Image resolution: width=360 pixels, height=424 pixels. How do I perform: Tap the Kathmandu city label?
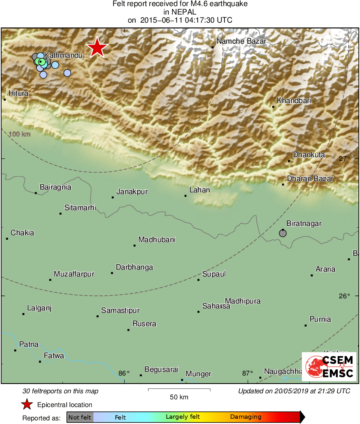click(x=64, y=55)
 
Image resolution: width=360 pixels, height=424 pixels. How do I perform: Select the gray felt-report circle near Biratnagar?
click(x=283, y=233)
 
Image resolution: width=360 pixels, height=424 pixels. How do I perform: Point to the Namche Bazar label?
click(x=241, y=41)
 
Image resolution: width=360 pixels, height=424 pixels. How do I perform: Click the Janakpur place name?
click(x=132, y=192)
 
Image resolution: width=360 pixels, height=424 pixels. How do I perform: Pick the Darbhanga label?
click(x=134, y=267)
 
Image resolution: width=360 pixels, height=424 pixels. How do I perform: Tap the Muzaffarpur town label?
click(x=74, y=274)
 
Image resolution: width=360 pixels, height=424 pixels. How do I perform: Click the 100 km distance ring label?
click(x=20, y=134)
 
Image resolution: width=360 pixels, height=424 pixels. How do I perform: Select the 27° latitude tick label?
click(x=344, y=158)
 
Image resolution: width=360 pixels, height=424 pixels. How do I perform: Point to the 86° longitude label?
click(x=124, y=373)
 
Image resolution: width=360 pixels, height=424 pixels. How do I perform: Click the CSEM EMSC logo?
click(x=329, y=366)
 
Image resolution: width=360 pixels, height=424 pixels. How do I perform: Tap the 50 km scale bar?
click(x=179, y=390)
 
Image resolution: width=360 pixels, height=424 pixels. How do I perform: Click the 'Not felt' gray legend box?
click(x=80, y=417)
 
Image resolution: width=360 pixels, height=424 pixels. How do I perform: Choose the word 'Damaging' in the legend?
click(x=246, y=417)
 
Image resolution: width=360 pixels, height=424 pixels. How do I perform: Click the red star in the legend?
click(x=27, y=404)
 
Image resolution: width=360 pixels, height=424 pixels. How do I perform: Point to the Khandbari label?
click(x=294, y=101)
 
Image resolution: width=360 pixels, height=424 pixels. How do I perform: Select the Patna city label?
click(x=29, y=344)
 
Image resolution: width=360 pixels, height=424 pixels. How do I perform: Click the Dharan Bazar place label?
click(x=310, y=179)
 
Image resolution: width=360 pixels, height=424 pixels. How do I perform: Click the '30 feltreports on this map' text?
click(x=61, y=391)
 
